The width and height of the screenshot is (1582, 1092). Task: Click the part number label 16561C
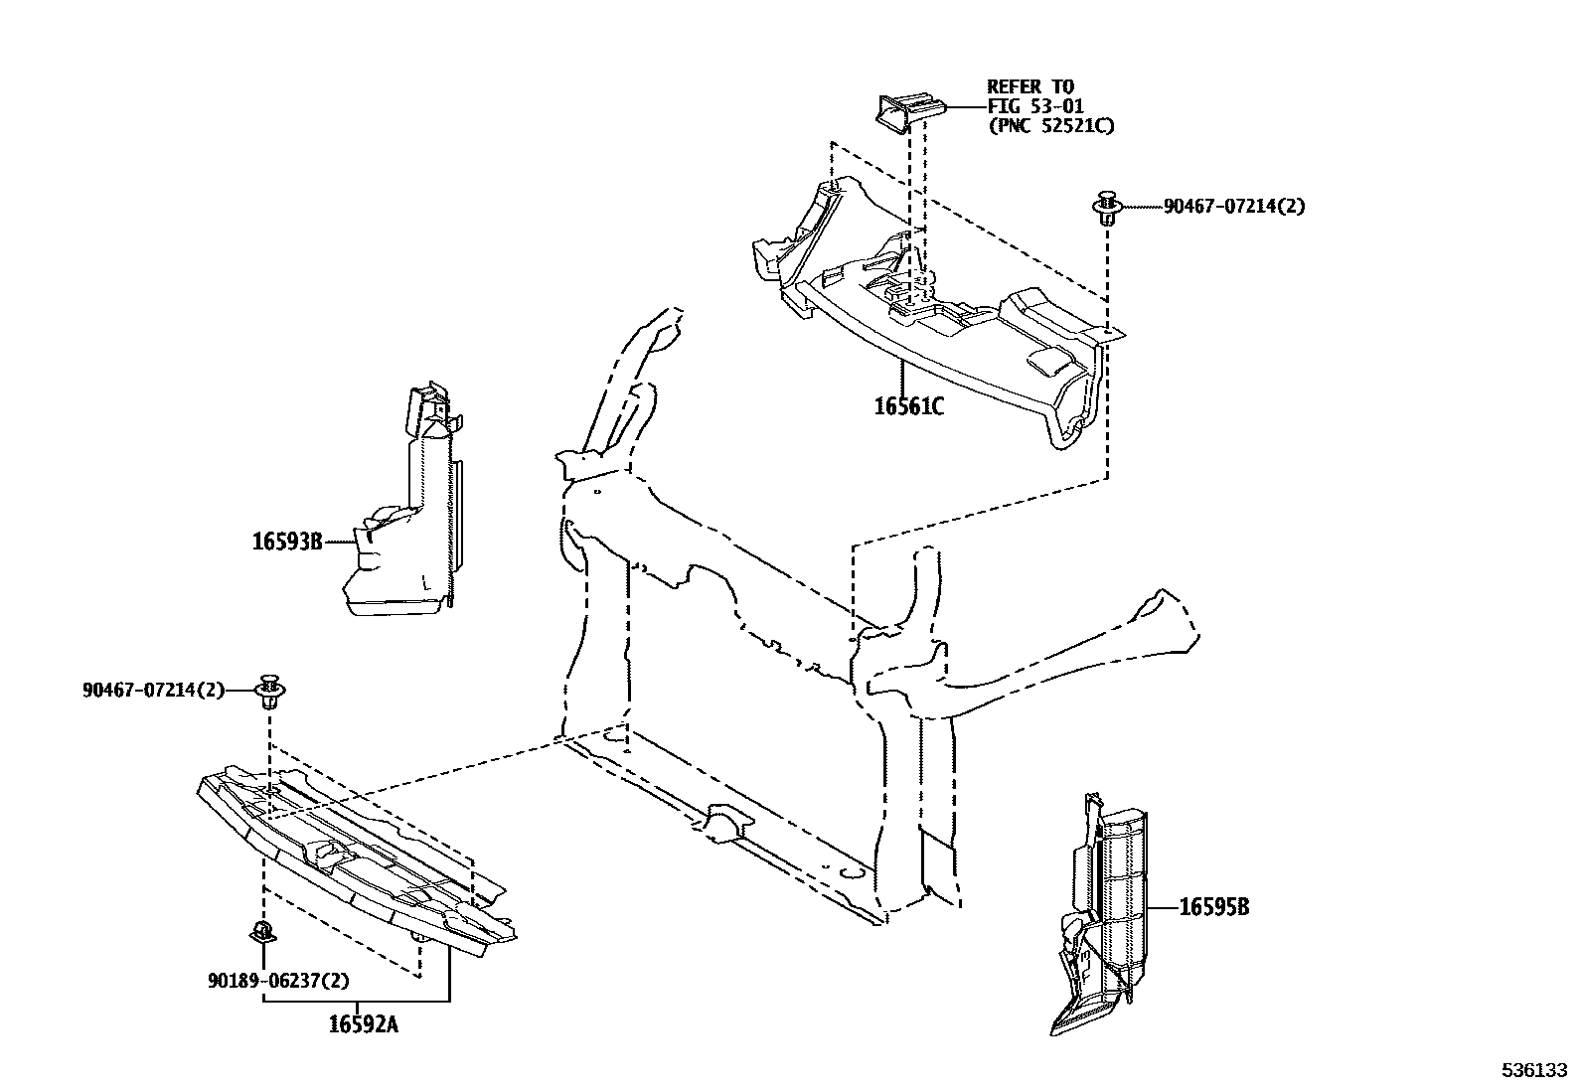(x=908, y=406)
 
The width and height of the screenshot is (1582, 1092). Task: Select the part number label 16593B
(x=286, y=543)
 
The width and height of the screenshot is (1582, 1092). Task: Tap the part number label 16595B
(x=1214, y=907)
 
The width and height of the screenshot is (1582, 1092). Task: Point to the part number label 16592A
(x=363, y=1024)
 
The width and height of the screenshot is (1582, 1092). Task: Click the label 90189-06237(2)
(x=278, y=981)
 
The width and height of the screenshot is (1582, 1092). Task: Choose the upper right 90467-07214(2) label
(x=1234, y=207)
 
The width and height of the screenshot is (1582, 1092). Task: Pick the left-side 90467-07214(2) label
(x=154, y=690)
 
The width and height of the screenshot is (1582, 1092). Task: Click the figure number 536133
(x=1533, y=1071)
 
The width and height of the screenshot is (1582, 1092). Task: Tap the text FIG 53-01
(x=1034, y=106)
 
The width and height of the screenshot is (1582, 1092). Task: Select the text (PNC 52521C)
(x=1049, y=126)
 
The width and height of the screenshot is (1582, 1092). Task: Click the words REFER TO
(x=1029, y=87)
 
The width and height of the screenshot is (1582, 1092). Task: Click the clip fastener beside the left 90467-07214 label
(x=269, y=691)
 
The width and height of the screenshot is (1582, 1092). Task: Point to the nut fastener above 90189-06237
(x=262, y=933)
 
